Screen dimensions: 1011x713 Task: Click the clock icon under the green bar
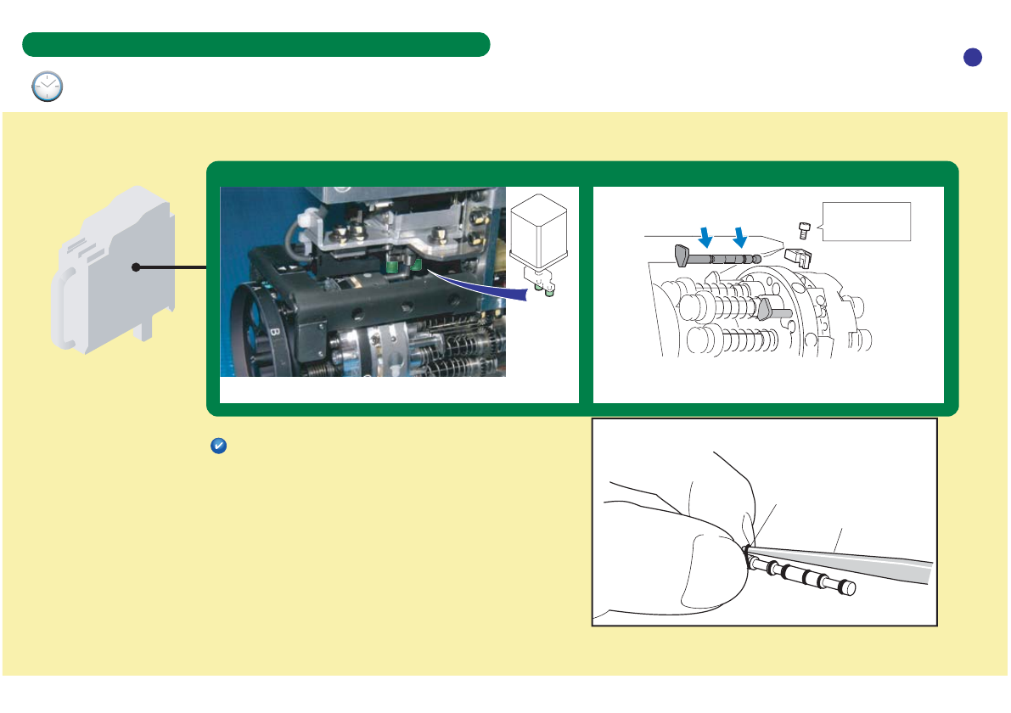[48, 87]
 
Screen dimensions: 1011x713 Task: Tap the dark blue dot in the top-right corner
[973, 57]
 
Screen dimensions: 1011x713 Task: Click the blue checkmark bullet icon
[217, 446]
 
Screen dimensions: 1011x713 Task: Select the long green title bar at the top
[256, 44]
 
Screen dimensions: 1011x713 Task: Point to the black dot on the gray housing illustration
[135, 268]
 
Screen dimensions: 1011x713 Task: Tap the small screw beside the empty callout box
[803, 230]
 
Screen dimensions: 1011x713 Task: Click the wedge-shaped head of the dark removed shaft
[681, 254]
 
